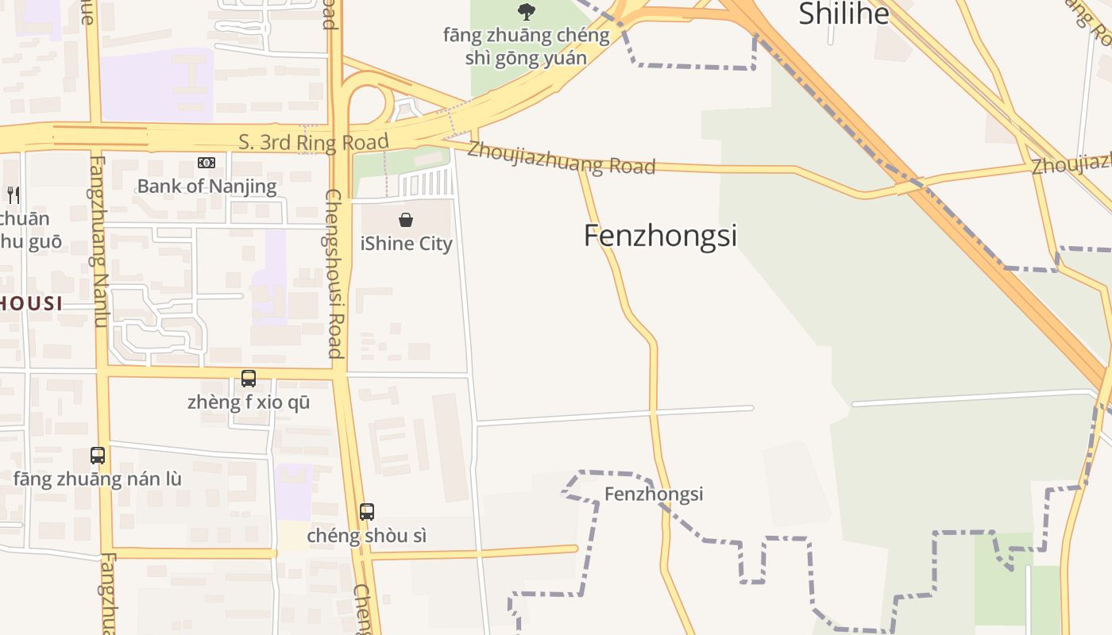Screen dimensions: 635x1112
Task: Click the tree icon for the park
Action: [526, 11]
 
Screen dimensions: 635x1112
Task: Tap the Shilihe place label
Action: [844, 13]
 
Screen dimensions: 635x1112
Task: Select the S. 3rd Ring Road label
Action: [314, 143]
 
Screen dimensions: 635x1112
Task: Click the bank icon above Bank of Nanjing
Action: [207, 163]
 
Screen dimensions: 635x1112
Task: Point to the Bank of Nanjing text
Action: [207, 187]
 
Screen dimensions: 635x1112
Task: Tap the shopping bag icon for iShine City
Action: [406, 220]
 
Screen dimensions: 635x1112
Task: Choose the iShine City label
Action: [406, 244]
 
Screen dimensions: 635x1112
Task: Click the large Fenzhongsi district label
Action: [660, 236]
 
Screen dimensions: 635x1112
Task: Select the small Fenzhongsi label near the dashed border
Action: [654, 495]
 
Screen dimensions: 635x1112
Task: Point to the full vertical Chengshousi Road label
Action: [334, 274]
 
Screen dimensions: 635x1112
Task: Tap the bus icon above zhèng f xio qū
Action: [249, 379]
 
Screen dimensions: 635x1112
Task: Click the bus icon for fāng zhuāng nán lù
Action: [98, 456]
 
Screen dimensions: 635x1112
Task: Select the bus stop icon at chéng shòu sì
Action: [366, 512]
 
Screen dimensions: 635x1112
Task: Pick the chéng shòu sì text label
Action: [366, 536]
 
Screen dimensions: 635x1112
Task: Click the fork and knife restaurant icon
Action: [13, 194]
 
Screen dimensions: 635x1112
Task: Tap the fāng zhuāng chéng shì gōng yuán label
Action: [526, 46]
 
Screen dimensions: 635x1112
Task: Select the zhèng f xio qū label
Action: [249, 402]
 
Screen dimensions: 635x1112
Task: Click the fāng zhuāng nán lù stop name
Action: [98, 479]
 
